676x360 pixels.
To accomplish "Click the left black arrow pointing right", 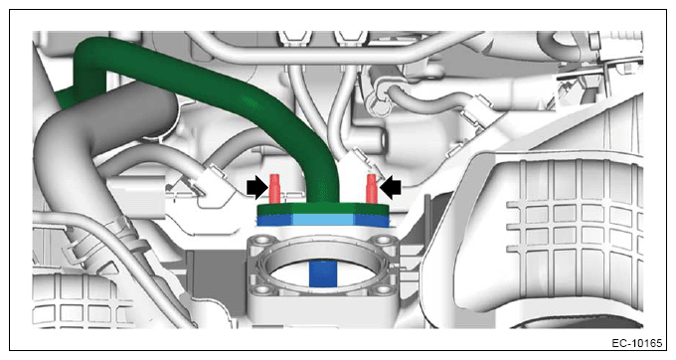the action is click(257, 188).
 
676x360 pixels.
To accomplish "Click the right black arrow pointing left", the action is click(390, 188).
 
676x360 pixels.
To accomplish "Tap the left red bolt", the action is click(274, 188).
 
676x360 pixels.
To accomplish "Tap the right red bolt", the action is click(371, 188).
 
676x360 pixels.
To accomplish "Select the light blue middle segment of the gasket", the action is click(323, 221).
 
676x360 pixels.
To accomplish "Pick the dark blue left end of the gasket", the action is click(275, 221).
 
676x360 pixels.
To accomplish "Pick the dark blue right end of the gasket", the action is click(372, 221).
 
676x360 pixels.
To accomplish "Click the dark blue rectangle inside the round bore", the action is click(323, 273).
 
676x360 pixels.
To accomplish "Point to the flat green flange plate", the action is click(323, 209).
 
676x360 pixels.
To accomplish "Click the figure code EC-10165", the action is click(637, 343).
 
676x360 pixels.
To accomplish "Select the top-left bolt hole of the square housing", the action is click(262, 240).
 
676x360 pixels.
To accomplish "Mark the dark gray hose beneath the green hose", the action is click(86, 129).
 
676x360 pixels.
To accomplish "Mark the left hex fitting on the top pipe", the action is click(294, 39).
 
